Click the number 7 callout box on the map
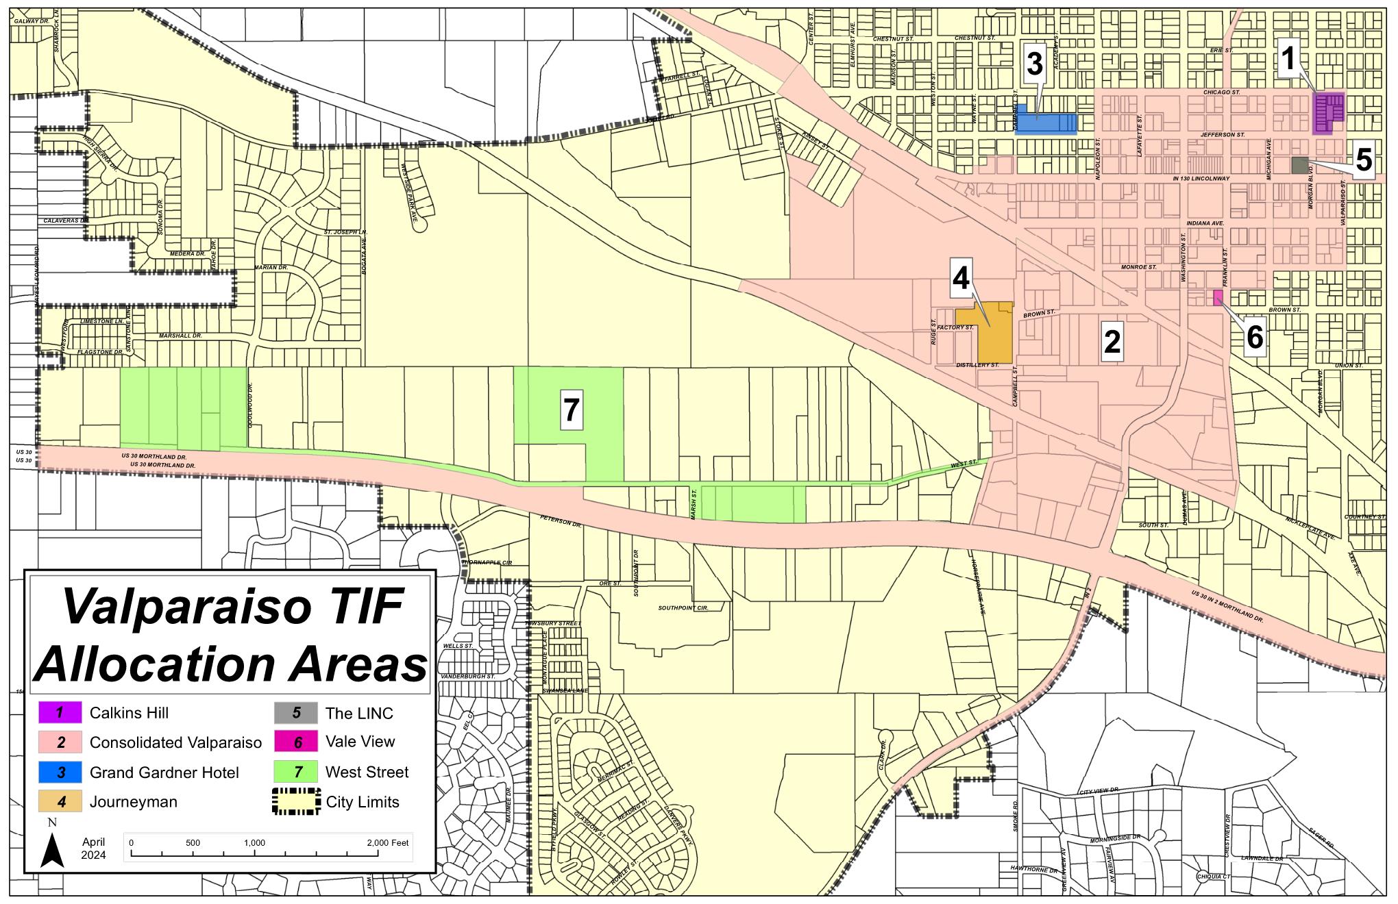(571, 411)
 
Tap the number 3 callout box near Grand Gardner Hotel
(1033, 64)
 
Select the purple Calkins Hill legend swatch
(60, 713)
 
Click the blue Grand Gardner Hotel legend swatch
(60, 773)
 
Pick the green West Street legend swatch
(296, 772)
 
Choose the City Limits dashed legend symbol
(296, 802)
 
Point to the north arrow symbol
(52, 849)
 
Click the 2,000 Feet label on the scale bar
(388, 842)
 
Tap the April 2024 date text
(93, 849)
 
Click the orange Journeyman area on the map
(994, 339)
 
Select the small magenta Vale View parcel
(1218, 298)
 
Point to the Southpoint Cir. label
(683, 608)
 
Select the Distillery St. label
(977, 366)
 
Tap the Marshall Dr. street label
(180, 336)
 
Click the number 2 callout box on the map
(1112, 341)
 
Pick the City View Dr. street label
(1099, 792)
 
